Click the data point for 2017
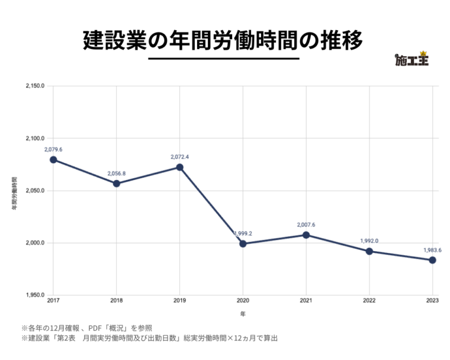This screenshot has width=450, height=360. pos(53,159)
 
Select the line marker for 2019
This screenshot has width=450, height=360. pos(179,167)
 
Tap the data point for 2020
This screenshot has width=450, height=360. pos(243,243)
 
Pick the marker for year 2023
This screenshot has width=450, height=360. pos(433,260)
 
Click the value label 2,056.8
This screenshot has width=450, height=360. pos(117,173)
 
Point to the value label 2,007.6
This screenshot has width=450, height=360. pos(306,225)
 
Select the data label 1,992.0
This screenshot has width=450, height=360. pos(369,241)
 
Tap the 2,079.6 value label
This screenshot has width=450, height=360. pos(53,149)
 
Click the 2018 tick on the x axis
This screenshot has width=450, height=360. pos(117,301)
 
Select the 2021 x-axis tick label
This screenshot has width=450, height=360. pos(306,301)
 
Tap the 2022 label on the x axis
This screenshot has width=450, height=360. pos(369,301)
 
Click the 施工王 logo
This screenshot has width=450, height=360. pos(411,59)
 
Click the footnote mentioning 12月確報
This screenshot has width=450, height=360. pos(82,327)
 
